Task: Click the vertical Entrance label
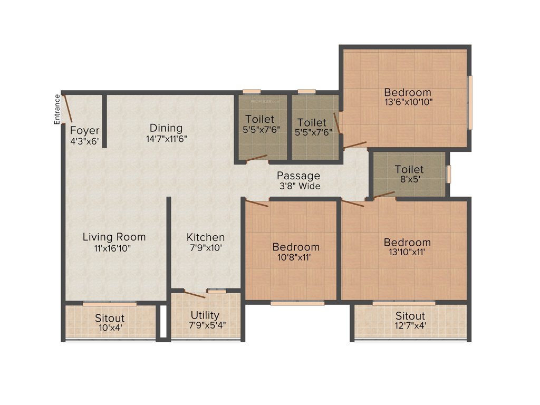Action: point(57,110)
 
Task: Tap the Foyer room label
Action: point(84,130)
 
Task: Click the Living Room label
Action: point(114,237)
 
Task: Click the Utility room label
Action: point(205,315)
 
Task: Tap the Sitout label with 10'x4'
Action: point(110,319)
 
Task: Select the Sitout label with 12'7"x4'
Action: point(410,316)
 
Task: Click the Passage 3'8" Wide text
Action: point(298,181)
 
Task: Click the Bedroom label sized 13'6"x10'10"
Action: point(407,92)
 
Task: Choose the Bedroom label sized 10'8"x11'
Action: point(296,247)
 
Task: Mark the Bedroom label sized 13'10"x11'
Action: point(407,243)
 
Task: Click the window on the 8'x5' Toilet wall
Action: point(449,174)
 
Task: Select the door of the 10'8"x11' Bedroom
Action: point(257,204)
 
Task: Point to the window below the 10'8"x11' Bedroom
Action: point(297,303)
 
